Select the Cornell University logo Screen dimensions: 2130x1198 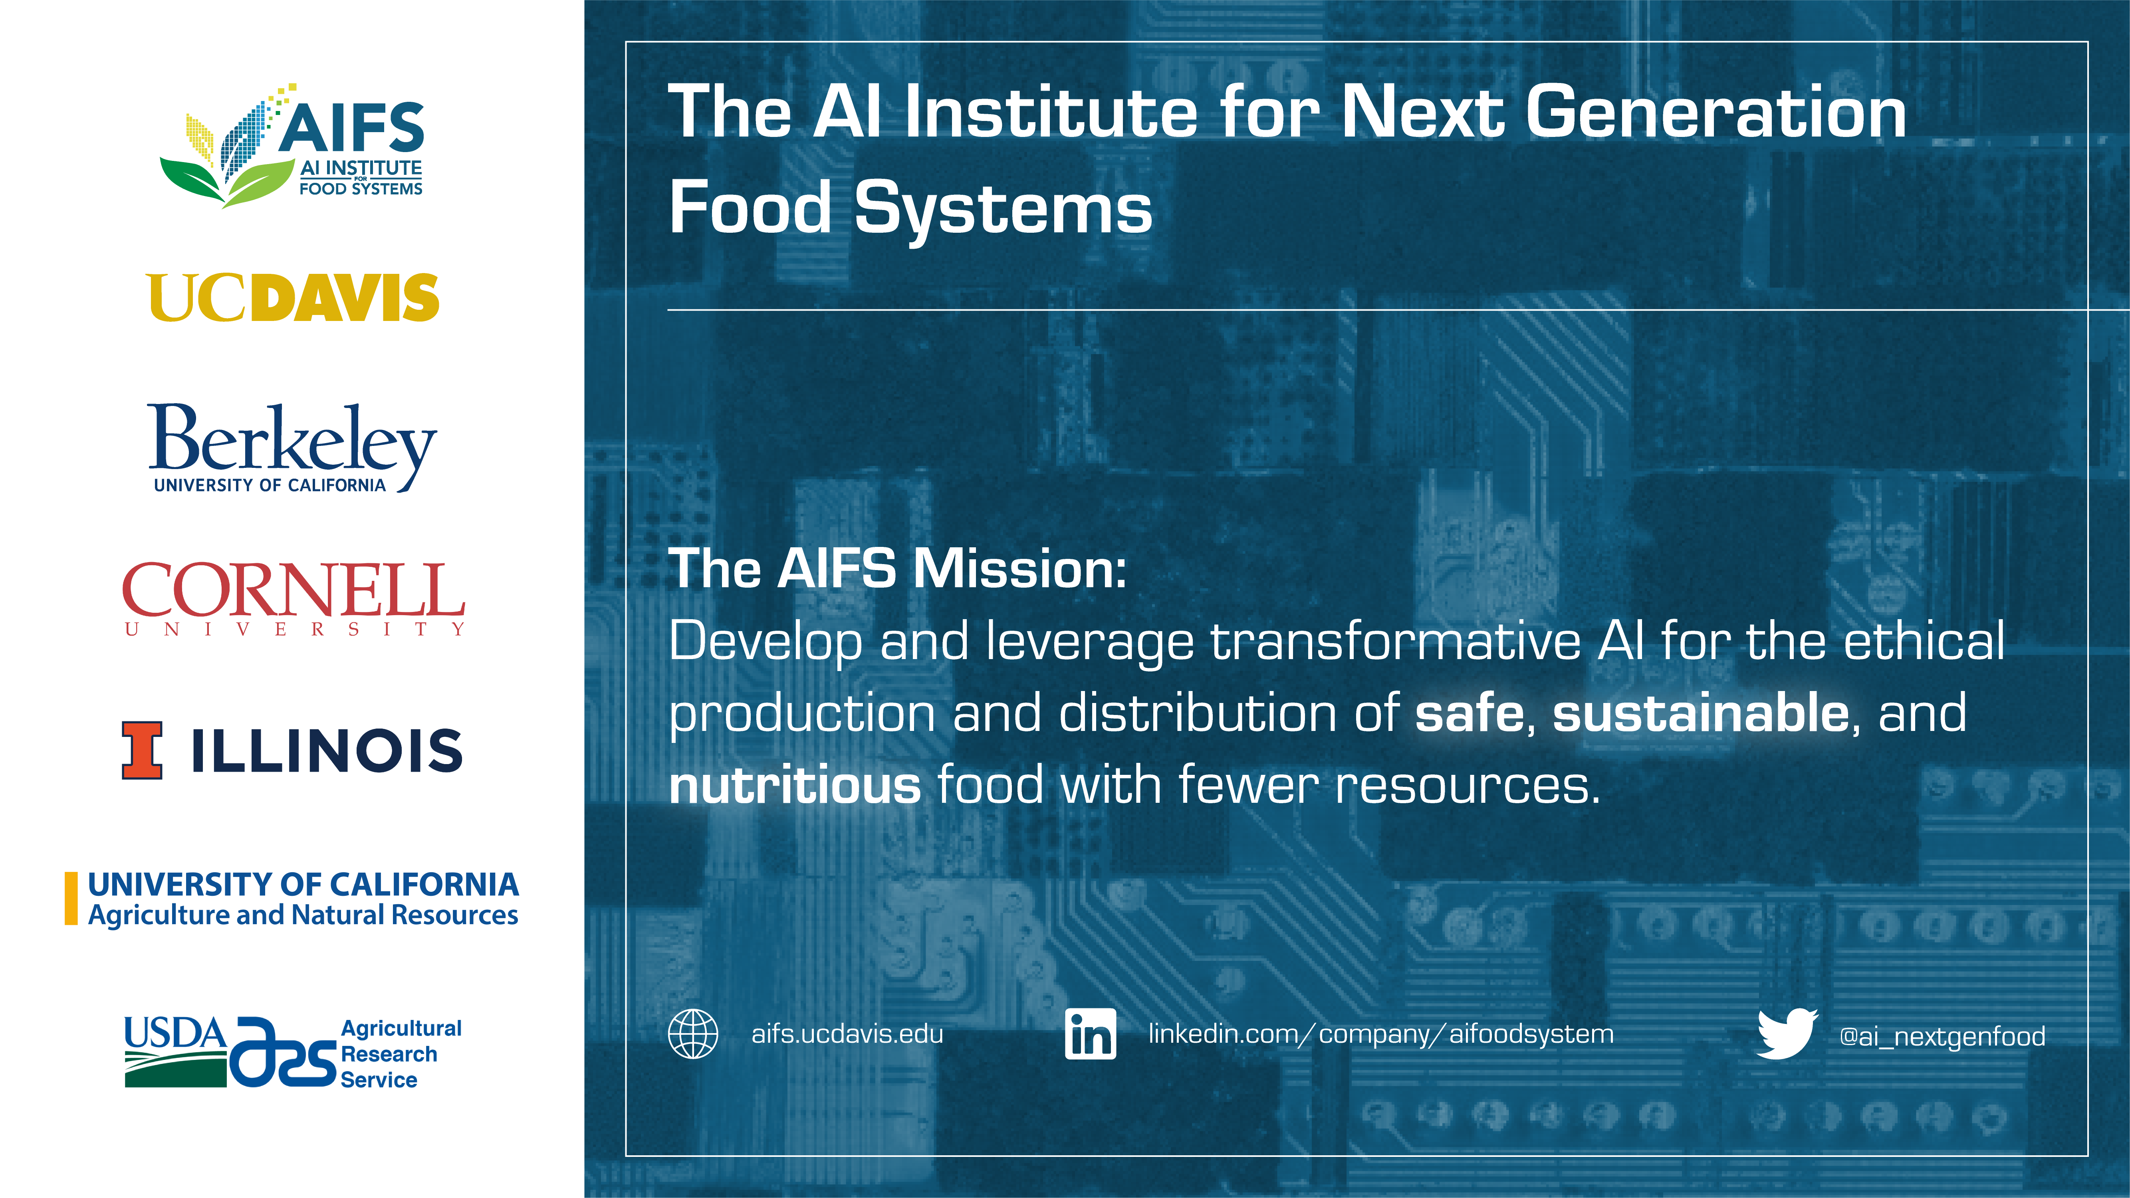coord(294,600)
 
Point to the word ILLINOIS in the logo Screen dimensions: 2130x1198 coord(327,751)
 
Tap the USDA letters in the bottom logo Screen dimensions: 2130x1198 coord(175,1034)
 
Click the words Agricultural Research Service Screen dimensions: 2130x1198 coord(401,1054)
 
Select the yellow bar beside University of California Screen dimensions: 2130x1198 coord(71,899)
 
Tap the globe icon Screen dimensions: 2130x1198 coord(693,1034)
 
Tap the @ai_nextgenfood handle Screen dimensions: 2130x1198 coord(1942,1037)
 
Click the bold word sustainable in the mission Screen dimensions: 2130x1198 coord(1701,713)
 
